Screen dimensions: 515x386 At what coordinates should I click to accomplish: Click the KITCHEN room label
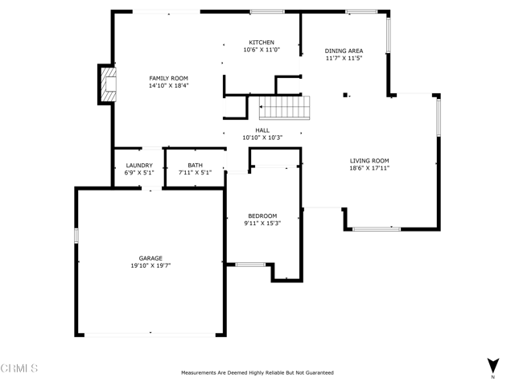(x=262, y=43)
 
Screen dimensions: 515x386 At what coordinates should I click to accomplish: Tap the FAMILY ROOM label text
(x=168, y=78)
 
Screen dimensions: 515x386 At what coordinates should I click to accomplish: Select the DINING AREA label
(x=344, y=51)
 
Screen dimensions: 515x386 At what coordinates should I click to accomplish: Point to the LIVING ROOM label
(x=369, y=161)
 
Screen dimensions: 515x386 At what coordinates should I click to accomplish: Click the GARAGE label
(x=150, y=258)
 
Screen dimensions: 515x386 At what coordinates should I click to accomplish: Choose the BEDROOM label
(x=262, y=216)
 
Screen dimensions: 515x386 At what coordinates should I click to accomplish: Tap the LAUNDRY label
(x=139, y=166)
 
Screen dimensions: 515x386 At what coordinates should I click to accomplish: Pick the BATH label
(x=195, y=166)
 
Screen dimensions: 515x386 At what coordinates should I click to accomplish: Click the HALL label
(x=262, y=130)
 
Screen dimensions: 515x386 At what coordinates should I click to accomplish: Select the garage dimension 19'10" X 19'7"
(x=150, y=265)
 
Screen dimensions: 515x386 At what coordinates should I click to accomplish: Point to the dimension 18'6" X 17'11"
(x=369, y=168)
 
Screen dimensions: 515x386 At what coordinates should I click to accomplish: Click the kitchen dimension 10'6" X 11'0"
(x=262, y=50)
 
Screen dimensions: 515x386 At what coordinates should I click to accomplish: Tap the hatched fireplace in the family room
(x=109, y=84)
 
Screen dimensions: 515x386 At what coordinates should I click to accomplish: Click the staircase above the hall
(x=284, y=108)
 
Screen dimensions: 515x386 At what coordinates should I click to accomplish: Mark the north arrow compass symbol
(x=493, y=366)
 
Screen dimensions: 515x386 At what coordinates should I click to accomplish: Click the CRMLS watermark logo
(x=19, y=368)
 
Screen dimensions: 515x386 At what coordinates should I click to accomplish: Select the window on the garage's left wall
(x=76, y=236)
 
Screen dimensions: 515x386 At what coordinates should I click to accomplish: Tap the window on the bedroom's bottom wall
(x=250, y=265)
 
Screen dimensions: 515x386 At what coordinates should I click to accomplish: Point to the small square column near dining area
(x=345, y=95)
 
